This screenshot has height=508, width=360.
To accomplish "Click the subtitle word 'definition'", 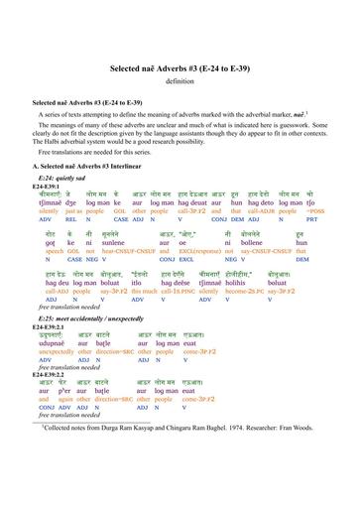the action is pos(180,80).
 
